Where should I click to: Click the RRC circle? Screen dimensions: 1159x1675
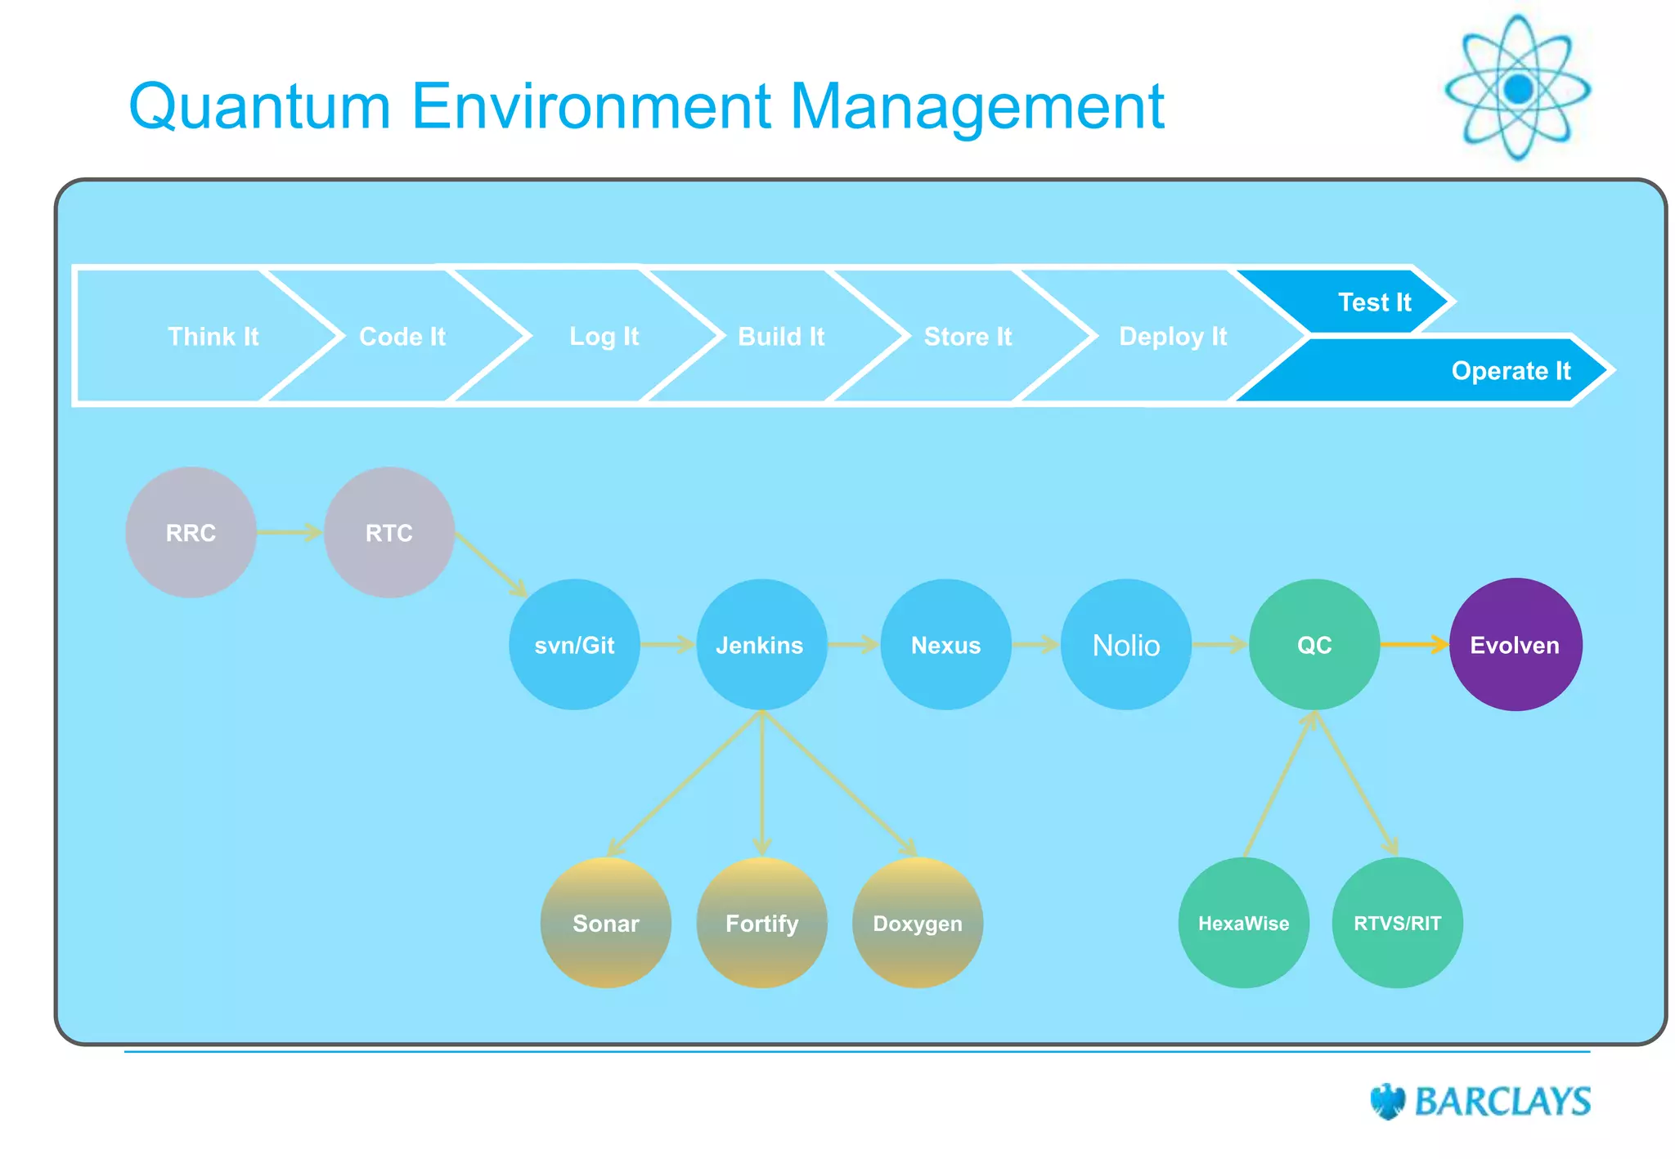tap(191, 532)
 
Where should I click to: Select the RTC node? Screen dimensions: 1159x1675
tap(389, 532)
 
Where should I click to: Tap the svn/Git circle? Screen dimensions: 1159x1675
tap(574, 645)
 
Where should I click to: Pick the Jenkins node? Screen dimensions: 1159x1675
tap(761, 645)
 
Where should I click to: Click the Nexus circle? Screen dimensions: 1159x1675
tap(945, 645)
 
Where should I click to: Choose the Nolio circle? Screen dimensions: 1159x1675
tap(1126, 645)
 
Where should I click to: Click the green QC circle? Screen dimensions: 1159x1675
tap(1314, 645)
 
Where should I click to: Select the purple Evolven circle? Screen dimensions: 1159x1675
tap(1515, 645)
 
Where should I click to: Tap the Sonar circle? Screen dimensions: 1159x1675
tap(605, 923)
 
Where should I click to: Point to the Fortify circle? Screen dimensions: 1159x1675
tap(761, 923)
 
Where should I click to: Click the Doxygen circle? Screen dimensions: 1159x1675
tap(917, 923)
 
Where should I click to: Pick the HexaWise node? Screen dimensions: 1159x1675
tap(1243, 923)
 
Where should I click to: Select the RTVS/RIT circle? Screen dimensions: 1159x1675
tap(1397, 923)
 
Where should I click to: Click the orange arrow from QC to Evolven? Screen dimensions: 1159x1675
tap(1414, 645)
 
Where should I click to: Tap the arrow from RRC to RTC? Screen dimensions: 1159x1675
tap(290, 532)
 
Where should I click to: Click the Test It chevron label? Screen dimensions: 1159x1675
tap(1374, 302)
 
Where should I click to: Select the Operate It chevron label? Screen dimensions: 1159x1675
tap(1510, 371)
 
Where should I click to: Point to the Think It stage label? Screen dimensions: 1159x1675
tap(213, 337)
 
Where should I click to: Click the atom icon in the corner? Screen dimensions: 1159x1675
tap(1518, 87)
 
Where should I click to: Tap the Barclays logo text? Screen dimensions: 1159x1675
tap(1502, 1102)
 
